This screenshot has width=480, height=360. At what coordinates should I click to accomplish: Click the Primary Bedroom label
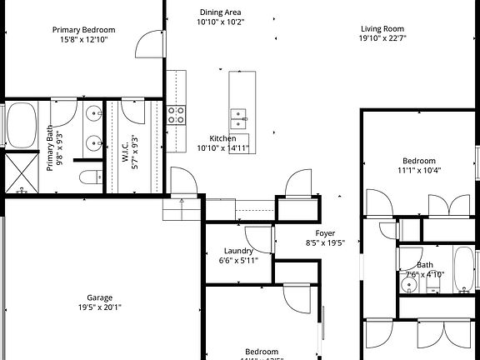87,30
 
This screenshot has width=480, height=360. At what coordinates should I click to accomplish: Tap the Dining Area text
220,12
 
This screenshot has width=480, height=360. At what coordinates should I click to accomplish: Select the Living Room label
382,29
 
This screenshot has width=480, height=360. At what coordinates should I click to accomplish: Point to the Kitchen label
222,138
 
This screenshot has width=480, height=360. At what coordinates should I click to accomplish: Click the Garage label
100,297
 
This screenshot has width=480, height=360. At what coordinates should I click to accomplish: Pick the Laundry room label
238,251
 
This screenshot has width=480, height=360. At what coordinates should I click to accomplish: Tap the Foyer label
324,233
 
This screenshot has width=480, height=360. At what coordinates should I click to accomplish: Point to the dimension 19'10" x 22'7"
382,38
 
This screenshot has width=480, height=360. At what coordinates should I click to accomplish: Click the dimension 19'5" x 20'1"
100,307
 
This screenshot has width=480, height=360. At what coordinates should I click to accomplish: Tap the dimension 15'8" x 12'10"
87,39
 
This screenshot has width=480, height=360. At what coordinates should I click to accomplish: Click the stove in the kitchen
176,115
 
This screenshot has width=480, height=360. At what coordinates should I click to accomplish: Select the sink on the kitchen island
239,114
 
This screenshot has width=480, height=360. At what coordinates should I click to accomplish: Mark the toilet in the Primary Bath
90,177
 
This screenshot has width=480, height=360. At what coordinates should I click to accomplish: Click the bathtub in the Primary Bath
20,125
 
